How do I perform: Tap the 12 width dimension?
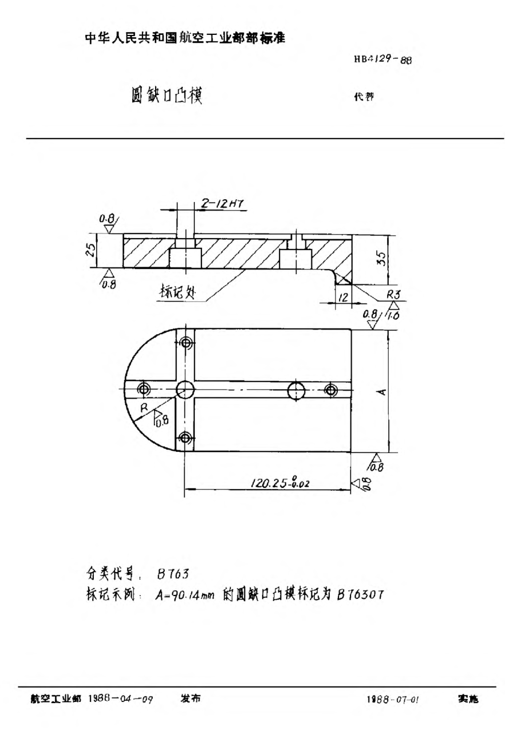pyautogui.click(x=343, y=297)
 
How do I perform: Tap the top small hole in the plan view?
pyautogui.click(x=184, y=343)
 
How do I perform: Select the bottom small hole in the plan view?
pyautogui.click(x=184, y=438)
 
